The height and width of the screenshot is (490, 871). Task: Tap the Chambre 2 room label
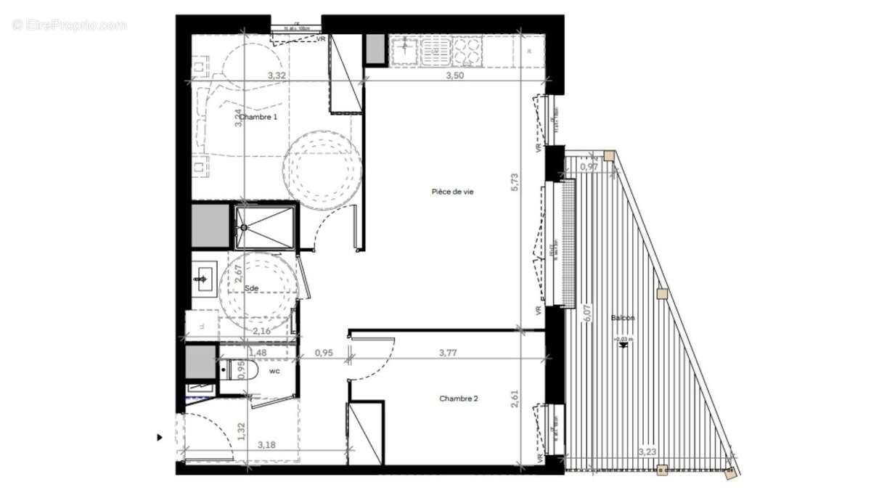pyautogui.click(x=458, y=399)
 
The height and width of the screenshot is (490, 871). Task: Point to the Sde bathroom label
pyautogui.click(x=251, y=288)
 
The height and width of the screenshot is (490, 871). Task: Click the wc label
pyautogui.click(x=274, y=371)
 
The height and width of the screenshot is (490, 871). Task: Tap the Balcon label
pyautogui.click(x=622, y=318)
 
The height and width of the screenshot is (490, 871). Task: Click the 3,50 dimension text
pyautogui.click(x=454, y=75)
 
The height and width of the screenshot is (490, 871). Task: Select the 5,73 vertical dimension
pyautogui.click(x=515, y=181)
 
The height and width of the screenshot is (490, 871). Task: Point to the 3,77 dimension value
pyautogui.click(x=449, y=354)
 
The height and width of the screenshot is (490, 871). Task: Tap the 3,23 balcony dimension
pyautogui.click(x=647, y=452)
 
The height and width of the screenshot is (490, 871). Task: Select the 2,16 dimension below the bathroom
pyautogui.click(x=262, y=332)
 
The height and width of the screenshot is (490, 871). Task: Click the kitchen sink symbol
pyautogui.click(x=401, y=51)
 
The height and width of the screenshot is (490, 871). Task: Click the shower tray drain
pyautogui.click(x=245, y=227)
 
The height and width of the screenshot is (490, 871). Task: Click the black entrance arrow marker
pyautogui.click(x=159, y=438)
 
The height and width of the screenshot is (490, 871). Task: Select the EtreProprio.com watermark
pyautogui.click(x=69, y=25)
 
